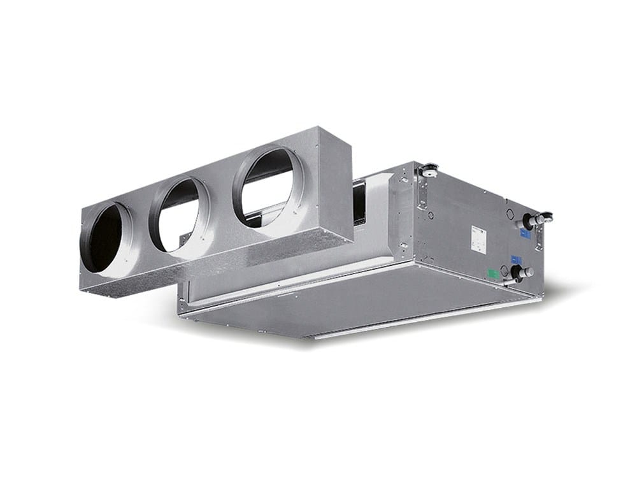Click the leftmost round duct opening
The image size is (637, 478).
(105, 237)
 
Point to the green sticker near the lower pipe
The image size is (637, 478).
(492, 275)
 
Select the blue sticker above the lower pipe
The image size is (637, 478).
(515, 259)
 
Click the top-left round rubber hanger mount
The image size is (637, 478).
(428, 169)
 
